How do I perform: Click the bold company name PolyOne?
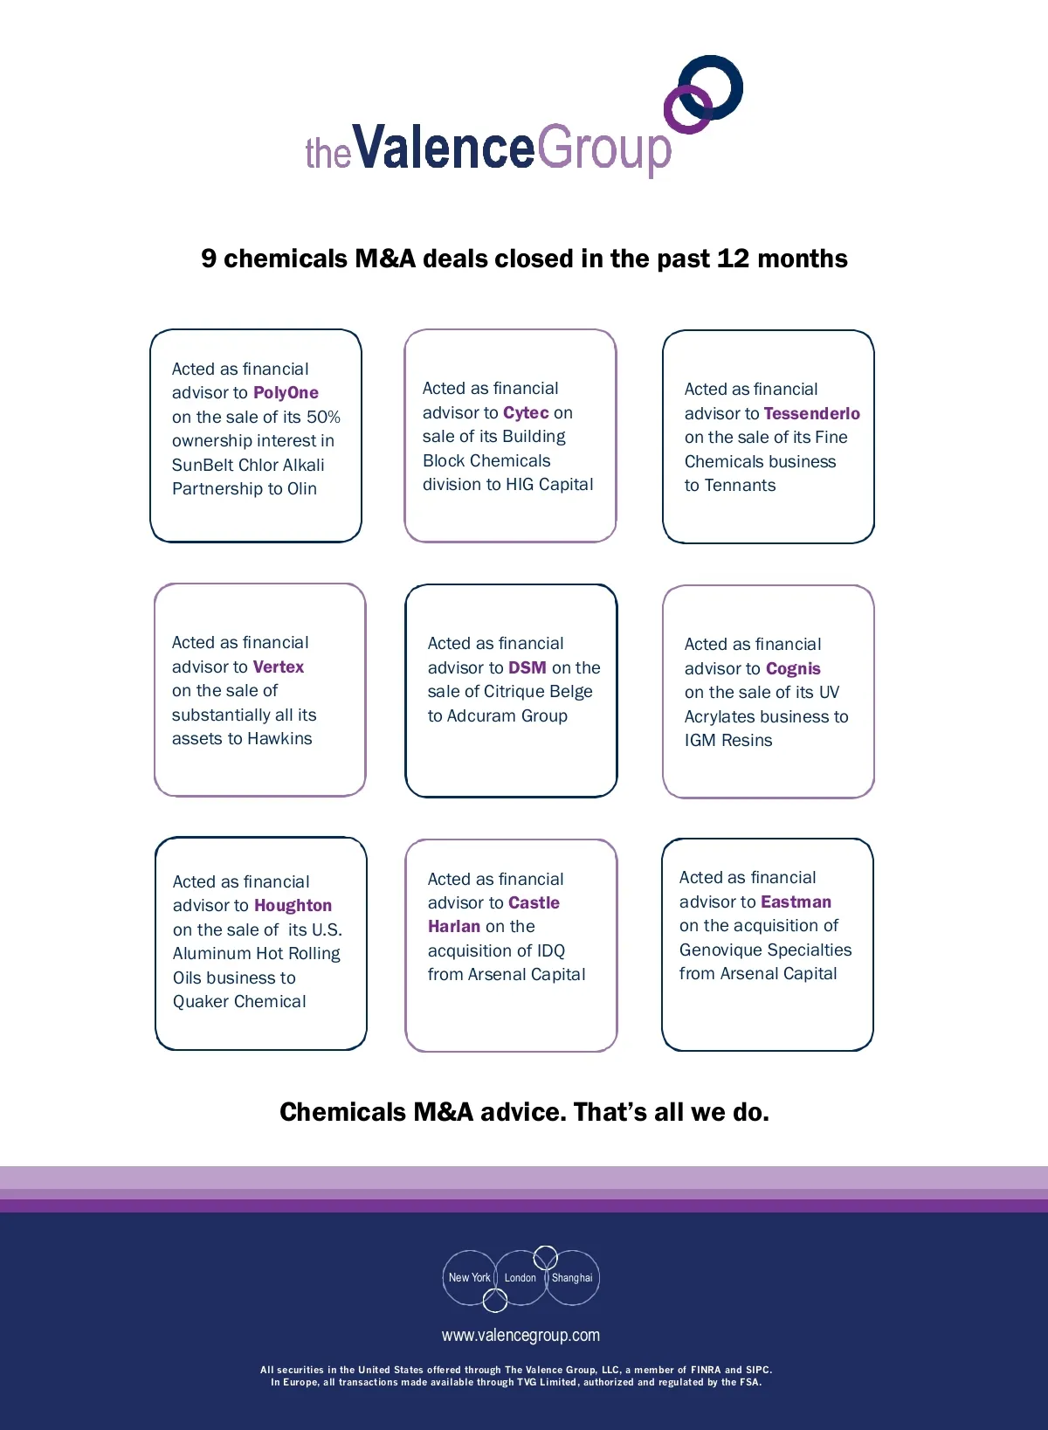[x=286, y=393]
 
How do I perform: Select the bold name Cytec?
[x=526, y=412]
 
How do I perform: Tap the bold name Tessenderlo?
[x=811, y=413]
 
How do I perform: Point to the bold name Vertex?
[x=279, y=667]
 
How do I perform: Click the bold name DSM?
[x=527, y=667]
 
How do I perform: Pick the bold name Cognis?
[x=793, y=668]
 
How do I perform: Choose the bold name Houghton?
[x=293, y=906]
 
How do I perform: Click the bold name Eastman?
[x=796, y=902]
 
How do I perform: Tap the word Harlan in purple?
[x=454, y=926]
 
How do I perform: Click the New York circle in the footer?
[x=469, y=1278]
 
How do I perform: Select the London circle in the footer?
[x=521, y=1278]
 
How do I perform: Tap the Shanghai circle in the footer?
[x=572, y=1278]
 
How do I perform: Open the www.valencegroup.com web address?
[x=521, y=1335]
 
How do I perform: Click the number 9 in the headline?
[x=209, y=259]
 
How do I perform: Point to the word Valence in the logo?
[x=443, y=147]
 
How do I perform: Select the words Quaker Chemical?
[x=239, y=1002]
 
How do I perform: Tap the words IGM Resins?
[x=728, y=741]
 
